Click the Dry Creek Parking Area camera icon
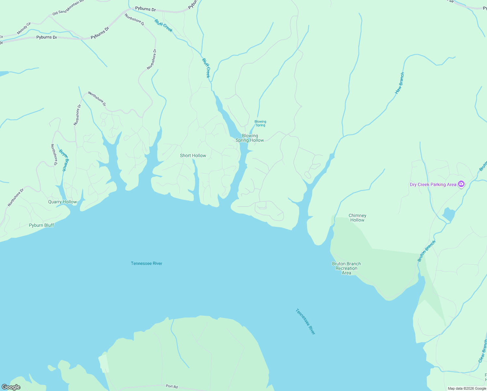pyautogui.click(x=461, y=184)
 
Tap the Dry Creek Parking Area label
pyautogui.click(x=433, y=185)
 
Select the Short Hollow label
pyautogui.click(x=193, y=156)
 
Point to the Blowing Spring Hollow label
pyautogui.click(x=250, y=138)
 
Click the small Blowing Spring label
pyautogui.click(x=260, y=123)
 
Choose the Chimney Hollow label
pyautogui.click(x=357, y=218)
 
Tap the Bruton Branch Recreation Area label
pyautogui.click(x=346, y=268)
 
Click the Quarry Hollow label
pyautogui.click(x=63, y=202)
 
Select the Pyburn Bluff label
pyautogui.click(x=41, y=225)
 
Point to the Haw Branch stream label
pyautogui.click(x=399, y=83)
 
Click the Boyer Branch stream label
pyautogui.click(x=63, y=160)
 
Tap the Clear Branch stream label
pyautogui.click(x=482, y=351)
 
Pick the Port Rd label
pyautogui.click(x=172, y=386)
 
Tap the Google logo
pyautogui.click(x=11, y=387)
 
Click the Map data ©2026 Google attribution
pyautogui.click(x=467, y=388)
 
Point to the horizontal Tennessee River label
pyautogui.click(x=146, y=263)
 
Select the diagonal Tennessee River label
pyautogui.click(x=305, y=322)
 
